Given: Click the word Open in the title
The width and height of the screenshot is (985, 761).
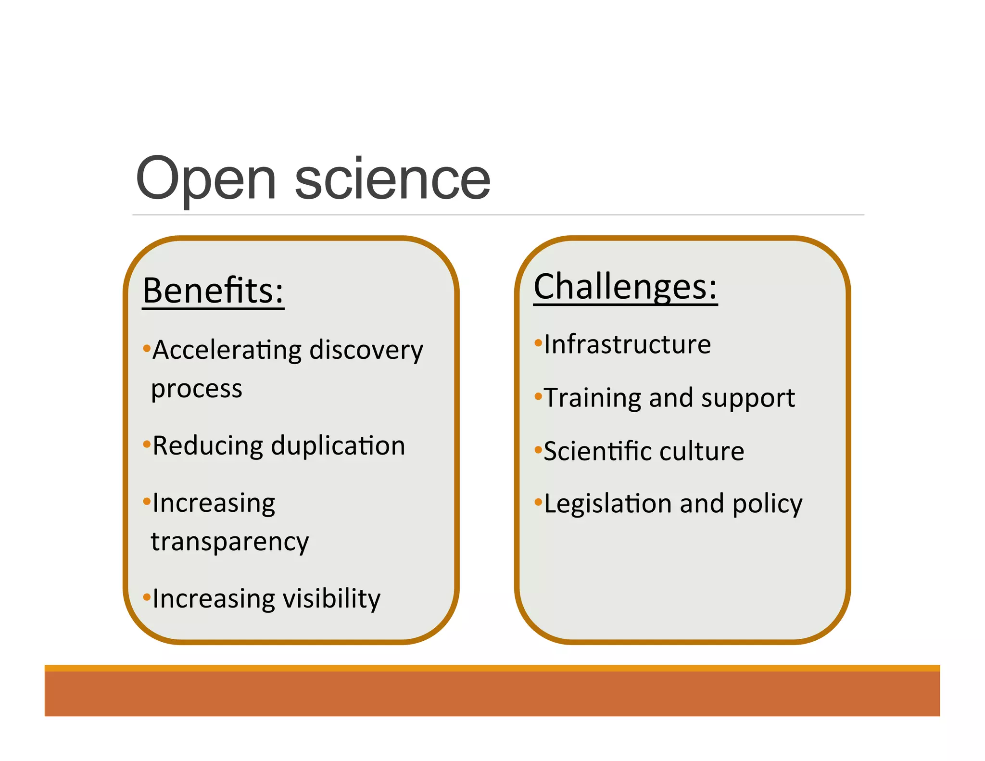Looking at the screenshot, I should coord(206,179).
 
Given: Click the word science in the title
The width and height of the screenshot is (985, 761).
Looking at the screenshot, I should coord(392,179).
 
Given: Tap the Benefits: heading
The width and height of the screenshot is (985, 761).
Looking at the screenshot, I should coord(213,291).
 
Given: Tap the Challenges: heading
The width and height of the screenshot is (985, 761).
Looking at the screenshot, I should coord(625,287).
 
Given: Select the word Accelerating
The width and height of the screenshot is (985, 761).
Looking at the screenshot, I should coord(227,350).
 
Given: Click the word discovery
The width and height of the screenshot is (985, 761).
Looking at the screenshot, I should coord(366,350).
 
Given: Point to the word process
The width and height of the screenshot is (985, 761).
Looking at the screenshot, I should coord(197,389).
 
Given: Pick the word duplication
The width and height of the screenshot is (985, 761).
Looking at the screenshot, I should coord(338,445).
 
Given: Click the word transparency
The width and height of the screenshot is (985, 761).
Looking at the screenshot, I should coord(230,542).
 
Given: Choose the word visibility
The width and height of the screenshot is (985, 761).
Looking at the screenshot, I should coord(331,599).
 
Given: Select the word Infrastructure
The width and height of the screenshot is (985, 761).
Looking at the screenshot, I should coord(627,344).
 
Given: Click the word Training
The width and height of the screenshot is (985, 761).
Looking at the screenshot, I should coord(593,398).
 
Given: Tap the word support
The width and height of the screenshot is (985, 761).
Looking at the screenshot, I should coord(748,398).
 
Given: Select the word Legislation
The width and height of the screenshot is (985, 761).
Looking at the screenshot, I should coord(607,504).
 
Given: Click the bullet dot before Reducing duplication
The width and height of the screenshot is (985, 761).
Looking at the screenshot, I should coord(147,444).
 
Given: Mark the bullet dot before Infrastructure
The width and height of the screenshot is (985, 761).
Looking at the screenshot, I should coord(538,343).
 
